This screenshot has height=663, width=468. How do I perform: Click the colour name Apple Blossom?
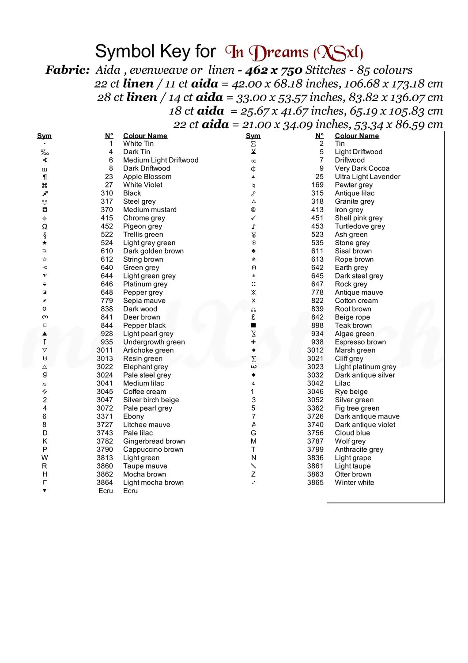click(147, 177)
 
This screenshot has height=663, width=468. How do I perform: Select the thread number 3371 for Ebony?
click(105, 416)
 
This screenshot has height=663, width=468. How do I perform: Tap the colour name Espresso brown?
click(360, 342)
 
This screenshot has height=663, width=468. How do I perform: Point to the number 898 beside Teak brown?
click(317, 326)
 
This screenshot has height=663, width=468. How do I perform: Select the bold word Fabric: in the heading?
click(68, 70)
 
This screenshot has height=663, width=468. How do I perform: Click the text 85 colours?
click(385, 70)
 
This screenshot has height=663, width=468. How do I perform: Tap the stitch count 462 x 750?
click(274, 70)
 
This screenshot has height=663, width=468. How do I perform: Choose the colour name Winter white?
click(354, 483)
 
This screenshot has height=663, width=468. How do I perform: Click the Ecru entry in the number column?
click(106, 491)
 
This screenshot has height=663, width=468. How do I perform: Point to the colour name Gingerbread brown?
click(154, 441)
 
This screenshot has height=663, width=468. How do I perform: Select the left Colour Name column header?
click(145, 136)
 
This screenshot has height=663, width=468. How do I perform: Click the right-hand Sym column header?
click(253, 136)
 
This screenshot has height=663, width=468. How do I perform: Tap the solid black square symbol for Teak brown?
click(253, 325)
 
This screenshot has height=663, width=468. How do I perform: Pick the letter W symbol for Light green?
click(45, 458)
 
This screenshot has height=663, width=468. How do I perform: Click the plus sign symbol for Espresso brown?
click(253, 342)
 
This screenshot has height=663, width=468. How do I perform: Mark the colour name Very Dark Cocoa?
click(362, 168)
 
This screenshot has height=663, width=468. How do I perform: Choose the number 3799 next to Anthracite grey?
click(315, 450)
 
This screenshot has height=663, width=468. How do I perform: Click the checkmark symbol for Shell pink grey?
click(253, 218)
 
